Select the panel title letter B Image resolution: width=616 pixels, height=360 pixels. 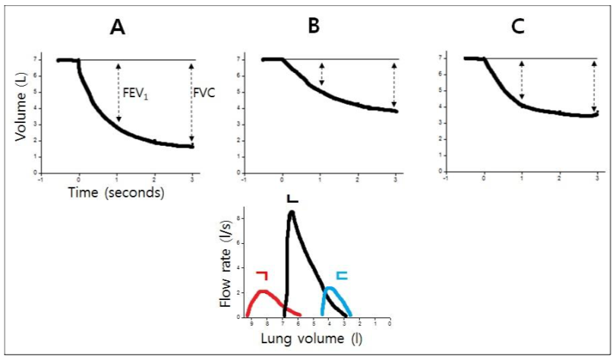pyautogui.click(x=314, y=28)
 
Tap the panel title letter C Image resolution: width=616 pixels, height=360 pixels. pyautogui.click(x=518, y=28)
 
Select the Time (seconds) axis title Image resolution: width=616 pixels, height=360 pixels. pyautogui.click(x=116, y=194)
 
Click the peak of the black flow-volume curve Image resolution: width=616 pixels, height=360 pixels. pyautogui.click(x=291, y=213)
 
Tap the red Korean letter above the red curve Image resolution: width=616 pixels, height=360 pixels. pyautogui.click(x=262, y=275)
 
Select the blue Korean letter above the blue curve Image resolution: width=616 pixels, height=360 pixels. pyautogui.click(x=342, y=276)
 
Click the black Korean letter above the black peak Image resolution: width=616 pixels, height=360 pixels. pyautogui.click(x=292, y=197)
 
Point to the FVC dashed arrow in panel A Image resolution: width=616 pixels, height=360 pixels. pyautogui.click(x=191, y=103)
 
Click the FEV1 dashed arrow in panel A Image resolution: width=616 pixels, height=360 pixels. pyautogui.click(x=118, y=91)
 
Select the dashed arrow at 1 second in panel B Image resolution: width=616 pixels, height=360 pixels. pyautogui.click(x=321, y=74)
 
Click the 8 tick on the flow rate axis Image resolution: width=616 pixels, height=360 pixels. pyautogui.click(x=238, y=219)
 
